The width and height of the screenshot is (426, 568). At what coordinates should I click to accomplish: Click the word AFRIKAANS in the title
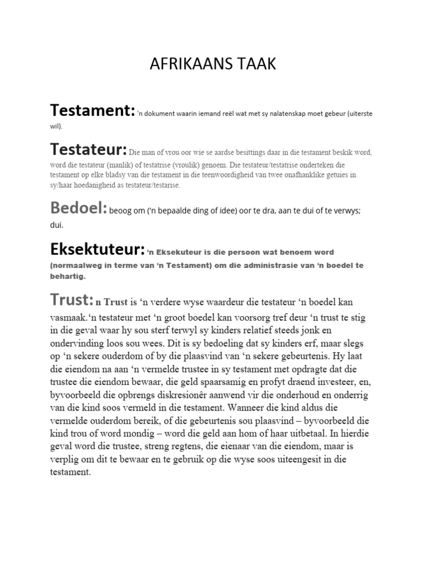click(x=185, y=65)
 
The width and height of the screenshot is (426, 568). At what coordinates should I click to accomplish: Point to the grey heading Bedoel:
click(x=79, y=209)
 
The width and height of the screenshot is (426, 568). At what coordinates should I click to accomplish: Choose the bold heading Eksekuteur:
click(x=98, y=249)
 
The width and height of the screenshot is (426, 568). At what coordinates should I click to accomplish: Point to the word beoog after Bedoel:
click(x=121, y=211)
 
